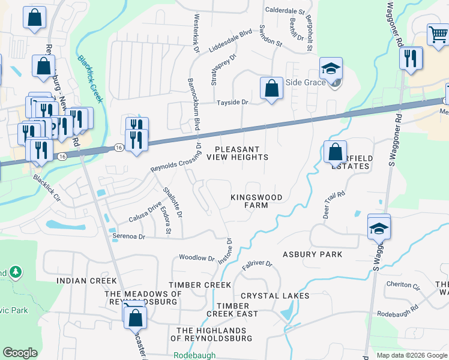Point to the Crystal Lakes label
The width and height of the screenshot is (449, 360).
275,296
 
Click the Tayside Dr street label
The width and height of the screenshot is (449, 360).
232,103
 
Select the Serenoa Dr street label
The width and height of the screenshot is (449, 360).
129,236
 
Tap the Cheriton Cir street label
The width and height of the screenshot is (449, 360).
403,285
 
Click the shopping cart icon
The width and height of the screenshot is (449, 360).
438,35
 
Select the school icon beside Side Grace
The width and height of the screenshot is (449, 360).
330,68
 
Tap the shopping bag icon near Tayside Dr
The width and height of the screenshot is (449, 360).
271,88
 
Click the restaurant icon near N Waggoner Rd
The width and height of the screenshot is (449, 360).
411,58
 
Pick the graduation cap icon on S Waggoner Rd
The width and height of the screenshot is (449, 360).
379,228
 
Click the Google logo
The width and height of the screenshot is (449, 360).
20,353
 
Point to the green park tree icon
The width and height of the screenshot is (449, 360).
14,272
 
